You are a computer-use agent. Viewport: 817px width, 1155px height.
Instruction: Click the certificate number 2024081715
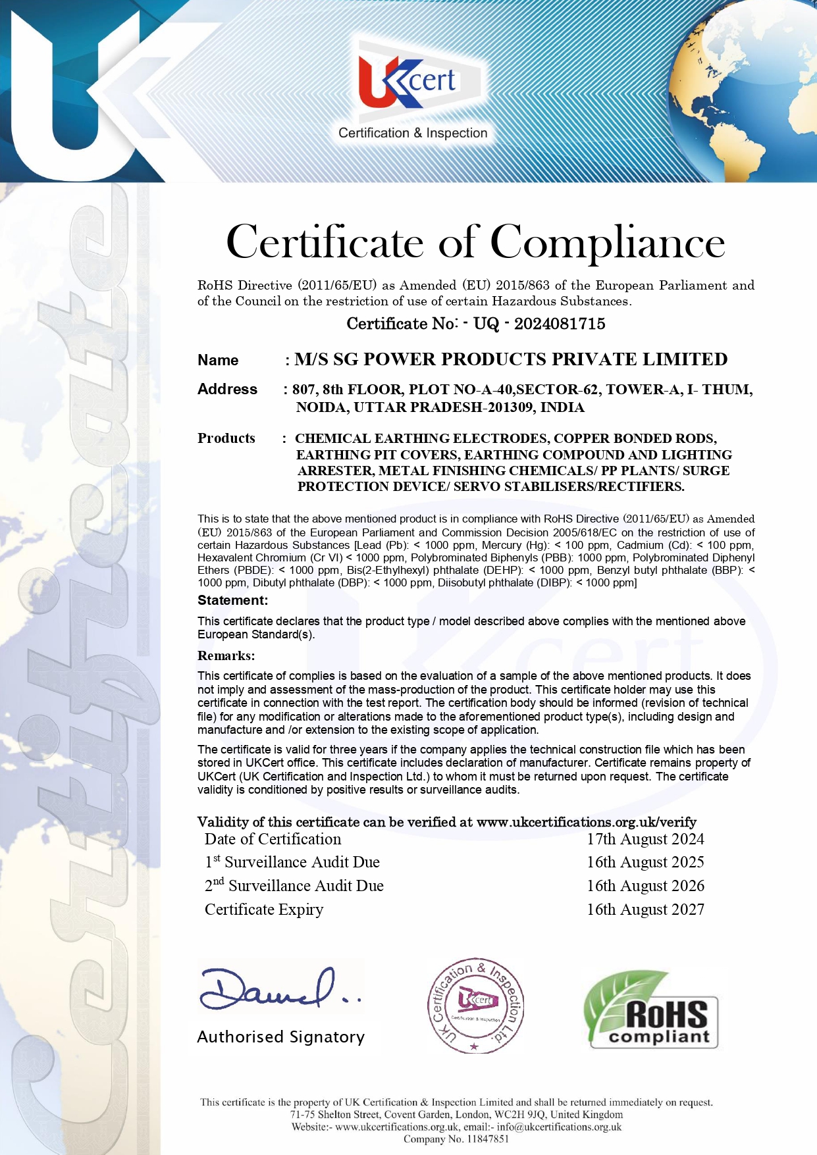tap(559, 323)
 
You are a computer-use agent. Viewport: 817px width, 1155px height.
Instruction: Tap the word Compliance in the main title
tap(607, 242)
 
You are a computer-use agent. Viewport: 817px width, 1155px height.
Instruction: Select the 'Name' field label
tap(218, 360)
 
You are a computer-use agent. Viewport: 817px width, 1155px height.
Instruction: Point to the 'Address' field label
tap(227, 389)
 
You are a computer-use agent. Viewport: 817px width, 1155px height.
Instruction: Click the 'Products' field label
tap(226, 438)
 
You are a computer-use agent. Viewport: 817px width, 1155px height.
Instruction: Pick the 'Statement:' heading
tap(232, 600)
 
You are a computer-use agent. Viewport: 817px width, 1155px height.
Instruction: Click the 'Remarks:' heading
tap(226, 655)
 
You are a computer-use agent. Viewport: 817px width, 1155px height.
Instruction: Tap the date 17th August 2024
tap(645, 839)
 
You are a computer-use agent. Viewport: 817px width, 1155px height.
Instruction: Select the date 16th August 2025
tap(645, 862)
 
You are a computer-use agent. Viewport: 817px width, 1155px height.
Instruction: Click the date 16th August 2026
tap(645, 886)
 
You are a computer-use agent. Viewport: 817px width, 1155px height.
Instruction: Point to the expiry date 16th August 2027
tap(645, 910)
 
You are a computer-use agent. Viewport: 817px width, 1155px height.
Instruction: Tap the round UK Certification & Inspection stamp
tap(475, 1005)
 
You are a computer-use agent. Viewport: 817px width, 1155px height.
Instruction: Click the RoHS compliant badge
tap(650, 1010)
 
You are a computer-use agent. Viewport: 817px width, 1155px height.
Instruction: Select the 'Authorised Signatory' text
tap(280, 1037)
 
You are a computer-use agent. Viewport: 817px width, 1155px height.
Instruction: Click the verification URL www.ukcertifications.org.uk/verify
tap(586, 822)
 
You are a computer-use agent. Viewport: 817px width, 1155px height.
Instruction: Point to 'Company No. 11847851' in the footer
tap(456, 1139)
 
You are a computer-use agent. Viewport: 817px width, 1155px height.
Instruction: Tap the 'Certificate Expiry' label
tap(264, 910)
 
